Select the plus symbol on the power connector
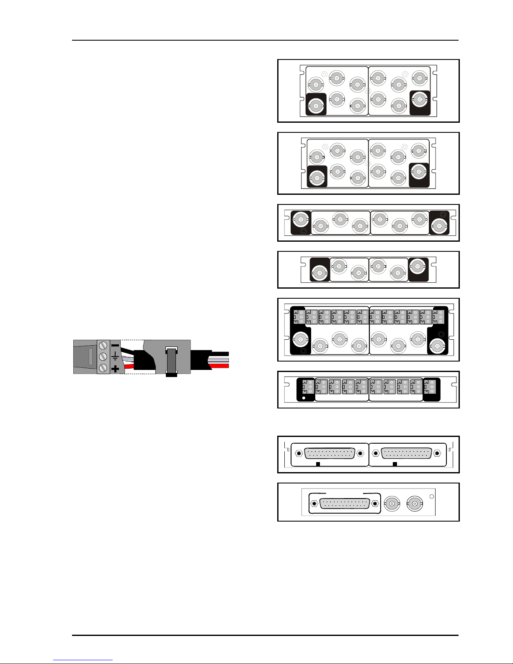coord(115,369)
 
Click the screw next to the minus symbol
coord(103,346)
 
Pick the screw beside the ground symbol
coord(103,357)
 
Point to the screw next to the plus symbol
coord(103,368)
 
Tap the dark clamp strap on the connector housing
coord(171,360)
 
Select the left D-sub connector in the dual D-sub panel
coord(329,453)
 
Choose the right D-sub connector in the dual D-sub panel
coord(407,453)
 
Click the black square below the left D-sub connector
coord(318,464)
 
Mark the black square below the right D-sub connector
coord(394,464)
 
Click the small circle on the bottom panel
coord(432,497)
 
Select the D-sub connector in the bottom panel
coord(345,504)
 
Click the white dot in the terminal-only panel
coord(303,398)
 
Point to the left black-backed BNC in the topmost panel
coord(316,106)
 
